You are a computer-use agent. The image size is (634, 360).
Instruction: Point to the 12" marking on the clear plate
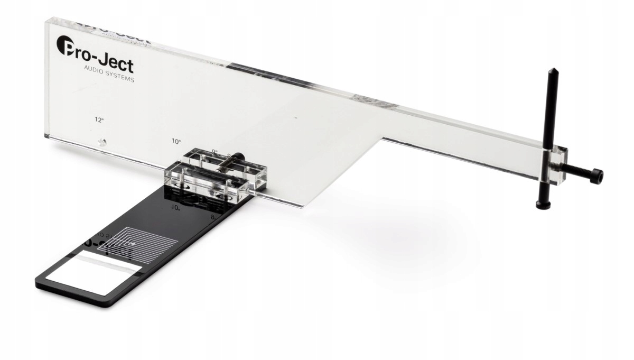click(99, 120)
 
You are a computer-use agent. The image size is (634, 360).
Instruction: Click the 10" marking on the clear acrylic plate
click(176, 141)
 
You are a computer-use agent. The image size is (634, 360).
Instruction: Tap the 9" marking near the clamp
click(215, 151)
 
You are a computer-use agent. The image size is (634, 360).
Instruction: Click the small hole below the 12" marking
click(103, 142)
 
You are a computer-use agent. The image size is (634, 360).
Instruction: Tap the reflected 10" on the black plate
click(176, 208)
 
